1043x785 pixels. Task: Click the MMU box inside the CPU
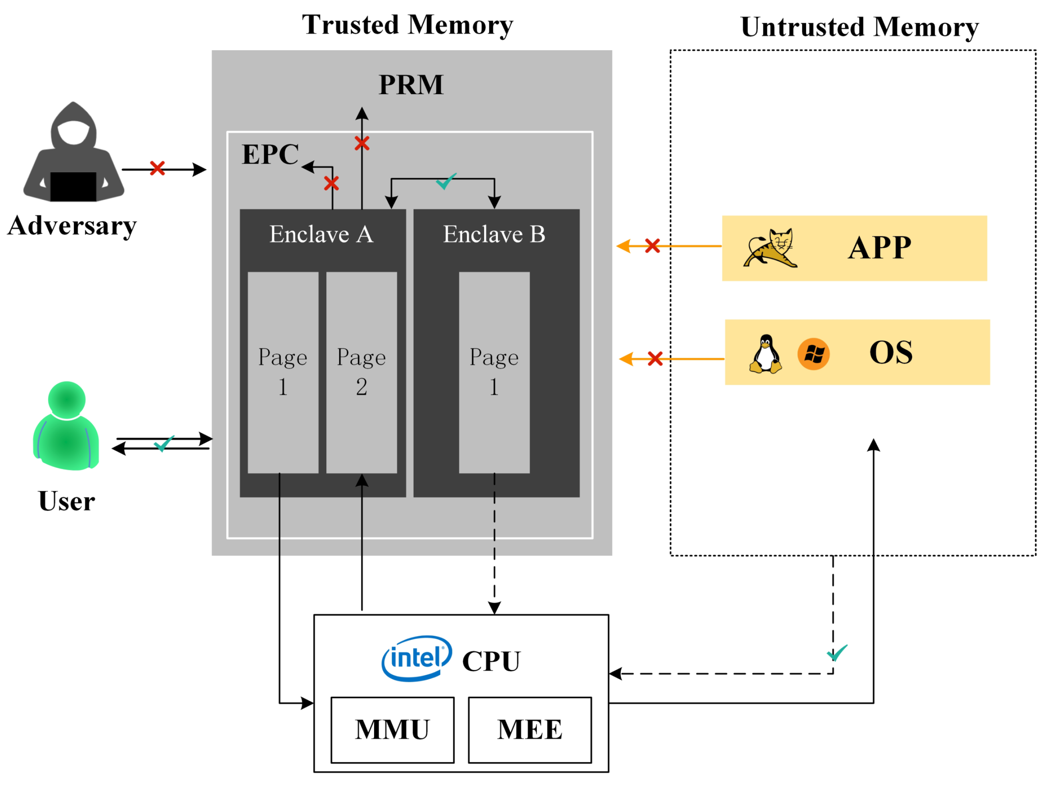pyautogui.click(x=392, y=730)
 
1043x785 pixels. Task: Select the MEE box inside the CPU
pyautogui.click(x=530, y=730)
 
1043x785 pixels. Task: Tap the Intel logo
pyautogui.click(x=416, y=658)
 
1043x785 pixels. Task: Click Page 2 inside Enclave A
pyautogui.click(x=362, y=373)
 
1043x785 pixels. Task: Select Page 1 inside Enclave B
pyautogui.click(x=494, y=373)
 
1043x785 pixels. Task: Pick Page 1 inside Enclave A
pyautogui.click(x=283, y=373)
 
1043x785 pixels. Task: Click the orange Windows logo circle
pyautogui.click(x=813, y=354)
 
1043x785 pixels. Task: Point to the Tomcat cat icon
pyautogui.click(x=771, y=248)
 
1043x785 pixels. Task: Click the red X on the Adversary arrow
pyautogui.click(x=158, y=168)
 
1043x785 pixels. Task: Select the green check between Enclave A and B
pyautogui.click(x=446, y=181)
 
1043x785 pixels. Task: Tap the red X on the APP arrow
pyautogui.click(x=653, y=246)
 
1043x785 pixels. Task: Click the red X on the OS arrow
pyautogui.click(x=655, y=359)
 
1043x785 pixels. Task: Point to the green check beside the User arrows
pyautogui.click(x=164, y=444)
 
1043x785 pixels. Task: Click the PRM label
pyautogui.click(x=411, y=85)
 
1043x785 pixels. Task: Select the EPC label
pyautogui.click(x=270, y=154)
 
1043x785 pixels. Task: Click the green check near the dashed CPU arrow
pyautogui.click(x=837, y=653)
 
